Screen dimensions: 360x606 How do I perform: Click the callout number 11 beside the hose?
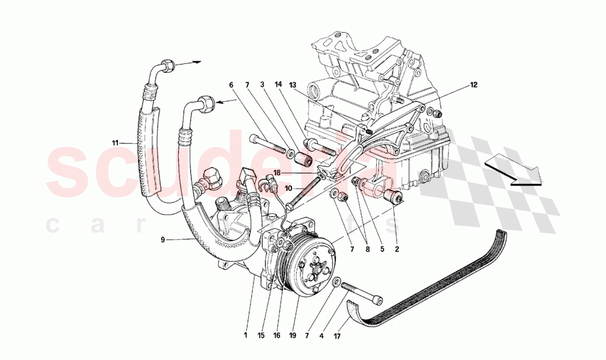coord(115,143)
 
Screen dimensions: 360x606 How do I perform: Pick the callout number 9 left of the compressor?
coord(163,239)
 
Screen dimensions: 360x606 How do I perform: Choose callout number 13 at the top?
coord(293,85)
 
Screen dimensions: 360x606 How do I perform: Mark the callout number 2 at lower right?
coord(397,249)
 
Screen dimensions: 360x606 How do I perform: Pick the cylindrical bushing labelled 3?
coord(305,159)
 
